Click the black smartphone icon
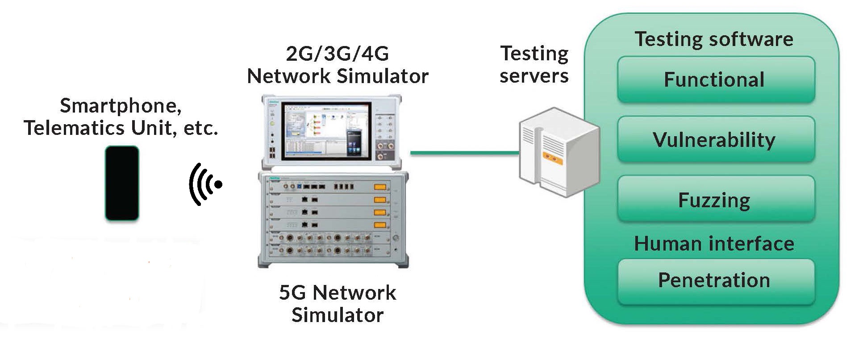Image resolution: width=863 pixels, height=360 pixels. click(122, 183)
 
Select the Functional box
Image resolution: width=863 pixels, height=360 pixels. click(715, 80)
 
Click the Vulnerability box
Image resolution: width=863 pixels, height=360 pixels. click(715, 139)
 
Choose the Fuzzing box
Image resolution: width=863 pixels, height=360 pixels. click(715, 199)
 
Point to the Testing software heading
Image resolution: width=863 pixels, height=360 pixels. click(713, 39)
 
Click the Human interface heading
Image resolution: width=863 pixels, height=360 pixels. click(713, 244)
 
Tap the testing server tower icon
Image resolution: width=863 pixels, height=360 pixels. click(559, 152)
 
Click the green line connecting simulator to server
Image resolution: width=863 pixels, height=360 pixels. click(464, 153)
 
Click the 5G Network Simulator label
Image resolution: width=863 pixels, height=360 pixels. click(338, 304)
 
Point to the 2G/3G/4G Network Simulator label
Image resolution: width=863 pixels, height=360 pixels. click(338, 65)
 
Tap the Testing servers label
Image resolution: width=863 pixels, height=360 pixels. click(534, 65)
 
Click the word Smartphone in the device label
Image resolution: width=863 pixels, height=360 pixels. click(121, 106)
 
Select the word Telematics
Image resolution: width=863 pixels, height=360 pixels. click(74, 128)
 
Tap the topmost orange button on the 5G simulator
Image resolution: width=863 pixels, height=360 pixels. click(380, 187)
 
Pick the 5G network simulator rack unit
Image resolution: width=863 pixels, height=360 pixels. click(333, 219)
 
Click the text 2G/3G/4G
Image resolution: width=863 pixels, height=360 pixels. click(338, 54)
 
